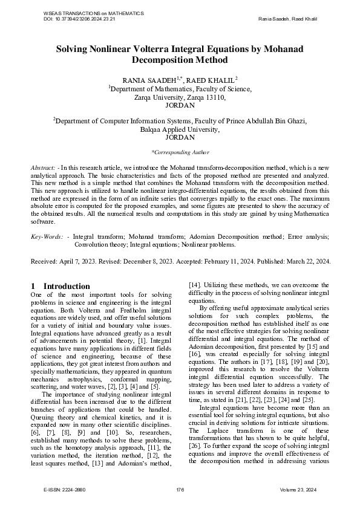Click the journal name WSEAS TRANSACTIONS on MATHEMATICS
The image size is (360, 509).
94,13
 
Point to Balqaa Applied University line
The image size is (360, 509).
180,129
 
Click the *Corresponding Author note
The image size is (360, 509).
180,152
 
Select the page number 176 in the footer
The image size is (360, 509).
180,488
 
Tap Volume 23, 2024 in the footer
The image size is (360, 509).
301,488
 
